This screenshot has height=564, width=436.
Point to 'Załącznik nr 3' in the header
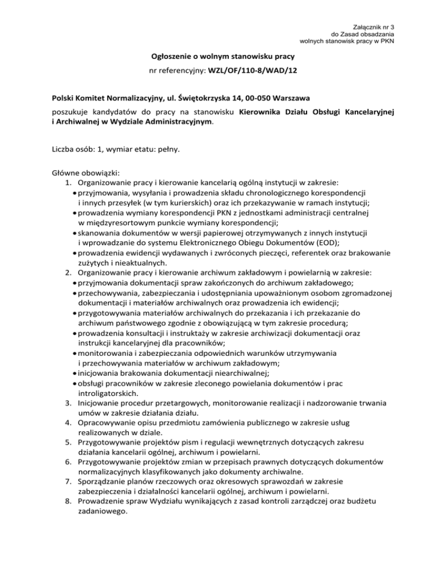pyautogui.click(x=374, y=27)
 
